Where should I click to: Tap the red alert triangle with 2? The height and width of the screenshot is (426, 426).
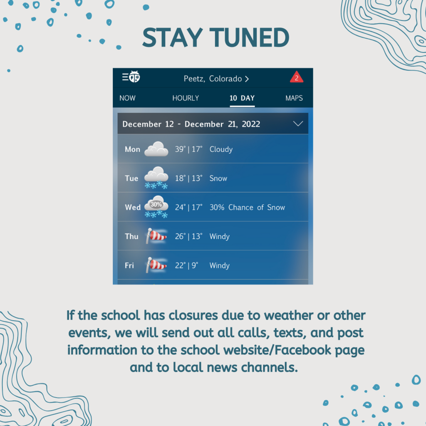[x=297, y=78]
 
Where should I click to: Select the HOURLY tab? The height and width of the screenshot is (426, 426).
[x=186, y=98]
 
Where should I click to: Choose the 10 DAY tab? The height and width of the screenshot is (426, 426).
[x=242, y=98]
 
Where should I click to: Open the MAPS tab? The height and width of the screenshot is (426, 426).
[x=294, y=98]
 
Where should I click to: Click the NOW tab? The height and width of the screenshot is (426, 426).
[x=127, y=98]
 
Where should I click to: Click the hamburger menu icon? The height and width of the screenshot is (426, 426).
[x=125, y=77]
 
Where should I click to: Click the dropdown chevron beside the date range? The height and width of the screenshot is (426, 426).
[x=298, y=124]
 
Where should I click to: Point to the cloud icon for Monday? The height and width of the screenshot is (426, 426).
[x=156, y=149]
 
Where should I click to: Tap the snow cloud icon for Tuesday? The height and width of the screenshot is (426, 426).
[x=156, y=178]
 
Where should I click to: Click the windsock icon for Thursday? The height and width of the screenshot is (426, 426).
[x=156, y=236]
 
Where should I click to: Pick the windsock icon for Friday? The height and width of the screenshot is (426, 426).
[x=156, y=265]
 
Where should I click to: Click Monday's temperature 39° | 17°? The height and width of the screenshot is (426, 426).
[x=188, y=149]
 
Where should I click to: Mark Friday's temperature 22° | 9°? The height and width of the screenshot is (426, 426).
[x=187, y=265]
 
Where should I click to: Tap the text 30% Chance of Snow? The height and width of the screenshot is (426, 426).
[x=247, y=207]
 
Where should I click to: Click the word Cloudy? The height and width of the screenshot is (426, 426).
[x=221, y=149]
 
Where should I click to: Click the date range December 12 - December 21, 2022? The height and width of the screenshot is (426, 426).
[x=191, y=124]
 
